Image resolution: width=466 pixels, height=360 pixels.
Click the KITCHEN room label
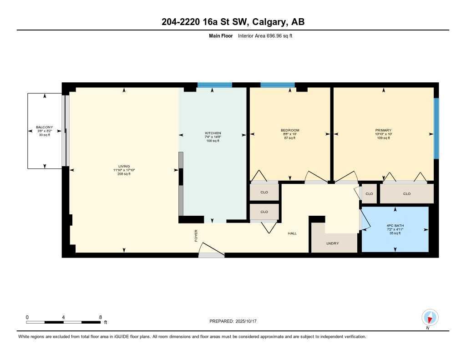pyautogui.click(x=213, y=133)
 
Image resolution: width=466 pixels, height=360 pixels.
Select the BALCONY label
pyautogui.click(x=45, y=127)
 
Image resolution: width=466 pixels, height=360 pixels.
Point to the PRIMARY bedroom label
pyautogui.click(x=384, y=130)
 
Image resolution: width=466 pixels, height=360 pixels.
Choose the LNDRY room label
pyautogui.click(x=333, y=243)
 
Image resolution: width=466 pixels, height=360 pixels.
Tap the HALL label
pyautogui.click(x=292, y=233)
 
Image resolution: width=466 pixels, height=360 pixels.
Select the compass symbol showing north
pyautogui.click(x=430, y=317)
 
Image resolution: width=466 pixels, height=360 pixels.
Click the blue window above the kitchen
pyautogui.click(x=214, y=85)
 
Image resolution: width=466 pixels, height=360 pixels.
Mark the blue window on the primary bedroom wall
pyautogui.click(x=436, y=128)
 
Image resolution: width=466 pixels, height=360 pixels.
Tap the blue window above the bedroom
pyautogui.click(x=277, y=85)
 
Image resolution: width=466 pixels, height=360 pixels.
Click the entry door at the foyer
pyautogui.click(x=211, y=253)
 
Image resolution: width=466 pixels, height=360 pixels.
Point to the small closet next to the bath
pyautogui.click(x=369, y=194)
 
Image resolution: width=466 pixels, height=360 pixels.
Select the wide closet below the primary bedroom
pyautogui.click(x=406, y=194)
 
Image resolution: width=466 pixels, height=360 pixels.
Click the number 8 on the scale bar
pyautogui.click(x=100, y=317)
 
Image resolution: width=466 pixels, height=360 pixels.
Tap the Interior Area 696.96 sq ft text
pyautogui.click(x=265, y=35)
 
